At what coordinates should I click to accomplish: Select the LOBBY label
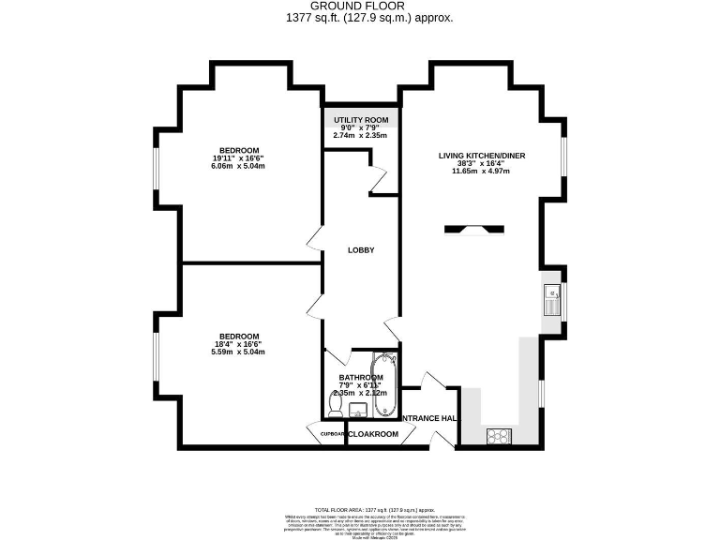[361, 250]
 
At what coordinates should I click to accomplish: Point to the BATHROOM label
[361, 378]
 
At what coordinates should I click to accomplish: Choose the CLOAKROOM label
[374, 434]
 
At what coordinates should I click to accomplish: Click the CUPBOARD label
[328, 434]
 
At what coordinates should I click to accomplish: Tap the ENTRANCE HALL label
[428, 418]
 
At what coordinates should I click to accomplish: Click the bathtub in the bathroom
[384, 382]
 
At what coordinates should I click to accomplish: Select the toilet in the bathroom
[336, 404]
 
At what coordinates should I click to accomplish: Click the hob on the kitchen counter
[497, 435]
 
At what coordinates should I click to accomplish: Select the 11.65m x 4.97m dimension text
[480, 172]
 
